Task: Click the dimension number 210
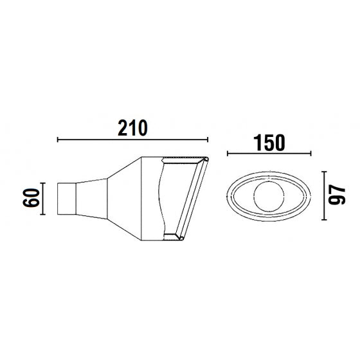click(x=132, y=128)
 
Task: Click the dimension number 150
click(x=269, y=143)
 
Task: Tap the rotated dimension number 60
click(x=32, y=198)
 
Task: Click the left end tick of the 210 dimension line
click(x=58, y=139)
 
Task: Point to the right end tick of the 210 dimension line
click(x=208, y=139)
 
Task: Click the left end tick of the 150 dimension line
click(x=228, y=154)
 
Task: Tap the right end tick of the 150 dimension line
click(x=310, y=154)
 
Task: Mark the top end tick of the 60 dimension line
click(x=42, y=183)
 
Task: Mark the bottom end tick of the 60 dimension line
click(x=42, y=214)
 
